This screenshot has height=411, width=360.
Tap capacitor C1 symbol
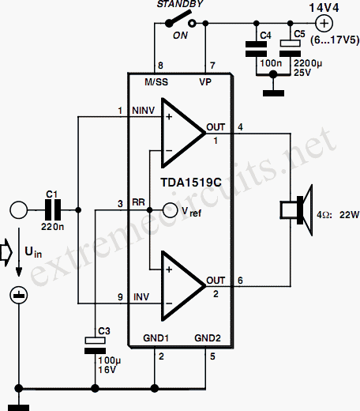click(x=53, y=210)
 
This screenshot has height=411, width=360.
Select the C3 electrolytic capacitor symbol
click(x=95, y=345)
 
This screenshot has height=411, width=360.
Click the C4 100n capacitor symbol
click(x=256, y=49)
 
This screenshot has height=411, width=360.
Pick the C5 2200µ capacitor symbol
click(x=290, y=48)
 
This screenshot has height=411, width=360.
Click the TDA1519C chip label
click(x=191, y=183)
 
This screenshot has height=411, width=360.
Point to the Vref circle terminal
click(x=170, y=210)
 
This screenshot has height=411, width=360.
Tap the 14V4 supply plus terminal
click(x=324, y=24)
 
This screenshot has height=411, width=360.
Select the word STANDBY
click(x=180, y=4)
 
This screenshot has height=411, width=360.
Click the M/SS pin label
click(x=156, y=82)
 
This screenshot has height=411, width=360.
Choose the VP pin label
click(x=205, y=82)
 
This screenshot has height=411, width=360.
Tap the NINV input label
click(x=144, y=111)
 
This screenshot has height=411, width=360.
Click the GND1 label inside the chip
click(x=156, y=338)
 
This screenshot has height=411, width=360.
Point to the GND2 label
click(x=208, y=338)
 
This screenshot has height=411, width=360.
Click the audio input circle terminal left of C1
click(x=18, y=210)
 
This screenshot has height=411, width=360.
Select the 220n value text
click(x=52, y=227)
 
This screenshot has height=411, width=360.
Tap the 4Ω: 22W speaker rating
click(x=338, y=215)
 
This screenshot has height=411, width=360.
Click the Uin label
click(x=33, y=252)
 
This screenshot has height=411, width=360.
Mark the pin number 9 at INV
click(x=120, y=297)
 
